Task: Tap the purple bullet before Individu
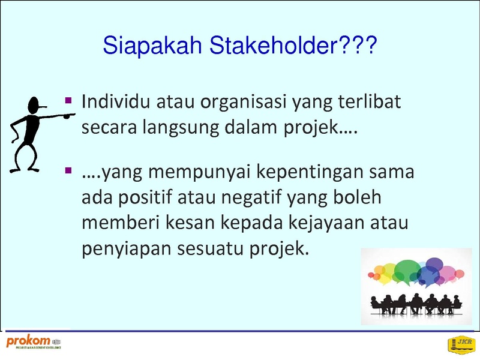68,100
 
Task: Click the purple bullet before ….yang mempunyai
68,170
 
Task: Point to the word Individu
116,101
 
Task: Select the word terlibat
370,101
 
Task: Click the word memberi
121,222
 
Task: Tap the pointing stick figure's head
34,106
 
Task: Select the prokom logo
34,342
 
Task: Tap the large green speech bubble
407,271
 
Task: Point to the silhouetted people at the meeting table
416,304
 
